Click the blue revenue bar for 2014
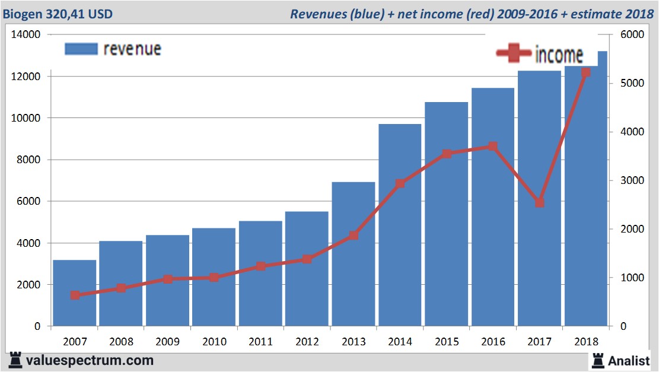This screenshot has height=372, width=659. pyautogui.click(x=400, y=225)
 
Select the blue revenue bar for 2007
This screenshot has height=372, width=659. pyautogui.click(x=75, y=293)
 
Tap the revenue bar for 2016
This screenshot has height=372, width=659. pyautogui.click(x=493, y=208)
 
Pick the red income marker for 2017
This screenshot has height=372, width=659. pyautogui.click(x=539, y=203)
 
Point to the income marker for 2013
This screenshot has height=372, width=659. pyautogui.click(x=354, y=236)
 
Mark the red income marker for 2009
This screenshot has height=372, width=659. pyautogui.click(x=168, y=279)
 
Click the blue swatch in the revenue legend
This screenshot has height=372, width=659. pyautogui.click(x=81, y=49)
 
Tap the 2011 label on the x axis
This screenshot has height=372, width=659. pyautogui.click(x=260, y=342)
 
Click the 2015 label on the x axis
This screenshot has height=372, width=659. pyautogui.click(x=447, y=342)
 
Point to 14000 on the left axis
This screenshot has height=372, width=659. pyautogui.click(x=26, y=35)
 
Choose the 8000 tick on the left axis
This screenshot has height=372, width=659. pyautogui.click(x=28, y=160)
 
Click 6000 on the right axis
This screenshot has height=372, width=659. pyautogui.click(x=632, y=35)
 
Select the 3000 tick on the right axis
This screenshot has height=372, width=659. pyautogui.click(x=632, y=181)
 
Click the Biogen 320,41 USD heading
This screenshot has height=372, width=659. pyautogui.click(x=58, y=14)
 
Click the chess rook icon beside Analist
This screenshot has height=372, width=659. pyautogui.click(x=597, y=360)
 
